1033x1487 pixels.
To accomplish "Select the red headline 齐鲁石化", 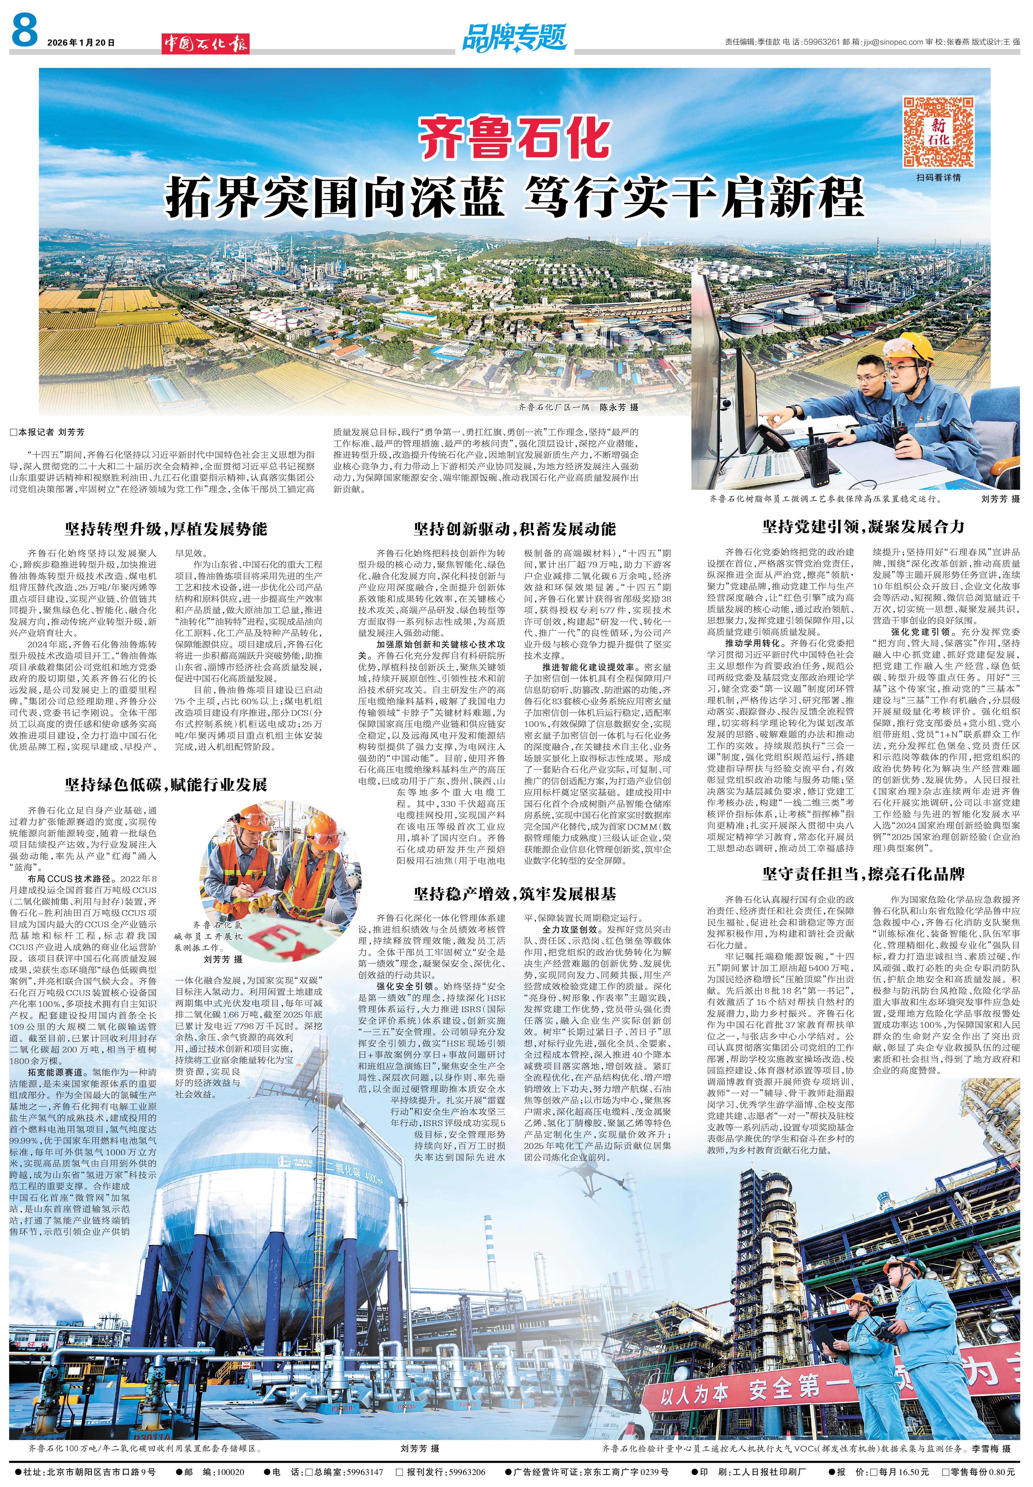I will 515,137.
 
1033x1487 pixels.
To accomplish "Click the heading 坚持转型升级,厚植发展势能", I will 166,529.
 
